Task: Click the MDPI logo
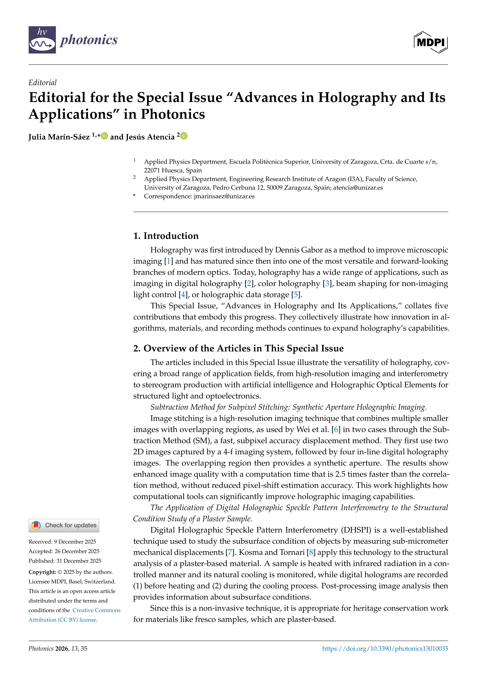click(x=431, y=42)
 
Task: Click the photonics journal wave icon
click(x=42, y=40)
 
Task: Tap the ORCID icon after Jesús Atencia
click(x=184, y=136)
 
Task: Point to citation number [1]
click(x=169, y=261)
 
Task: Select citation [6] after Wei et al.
click(x=336, y=430)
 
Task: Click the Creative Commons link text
click(x=96, y=610)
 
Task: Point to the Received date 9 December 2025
click(x=62, y=542)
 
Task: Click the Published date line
click(x=65, y=561)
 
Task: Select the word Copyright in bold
click(x=42, y=572)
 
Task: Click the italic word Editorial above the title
click(x=43, y=83)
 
